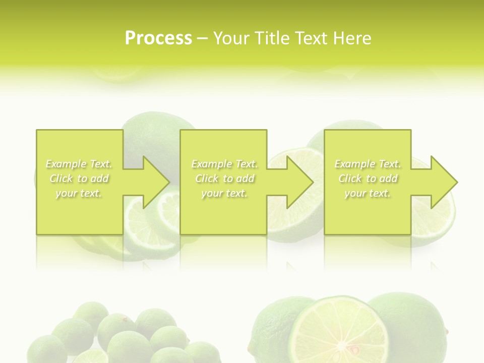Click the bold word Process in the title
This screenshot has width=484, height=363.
158,38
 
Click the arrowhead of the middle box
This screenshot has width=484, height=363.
299,182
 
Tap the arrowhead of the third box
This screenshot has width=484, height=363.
443,182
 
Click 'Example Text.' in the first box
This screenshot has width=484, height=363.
79,164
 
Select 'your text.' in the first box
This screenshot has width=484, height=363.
79,193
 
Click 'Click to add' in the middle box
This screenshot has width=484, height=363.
224,178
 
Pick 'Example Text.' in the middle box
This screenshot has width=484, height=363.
224,164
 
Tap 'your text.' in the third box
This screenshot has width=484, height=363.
368,193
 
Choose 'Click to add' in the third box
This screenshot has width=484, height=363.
368,178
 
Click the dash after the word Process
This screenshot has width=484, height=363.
202,38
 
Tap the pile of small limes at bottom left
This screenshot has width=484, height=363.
126,333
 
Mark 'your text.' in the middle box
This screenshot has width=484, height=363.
224,193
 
